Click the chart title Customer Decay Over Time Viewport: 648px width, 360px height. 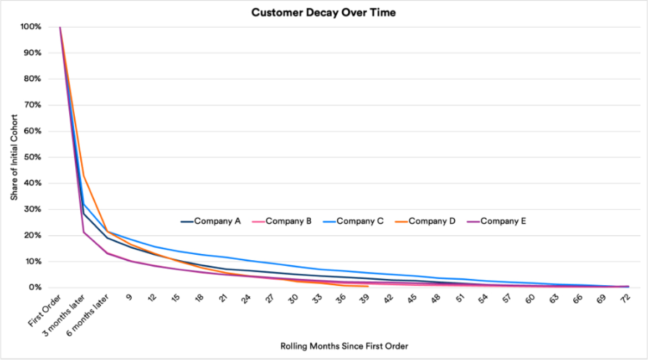323,12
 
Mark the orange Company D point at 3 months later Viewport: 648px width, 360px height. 84,176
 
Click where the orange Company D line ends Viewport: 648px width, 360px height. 368,286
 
